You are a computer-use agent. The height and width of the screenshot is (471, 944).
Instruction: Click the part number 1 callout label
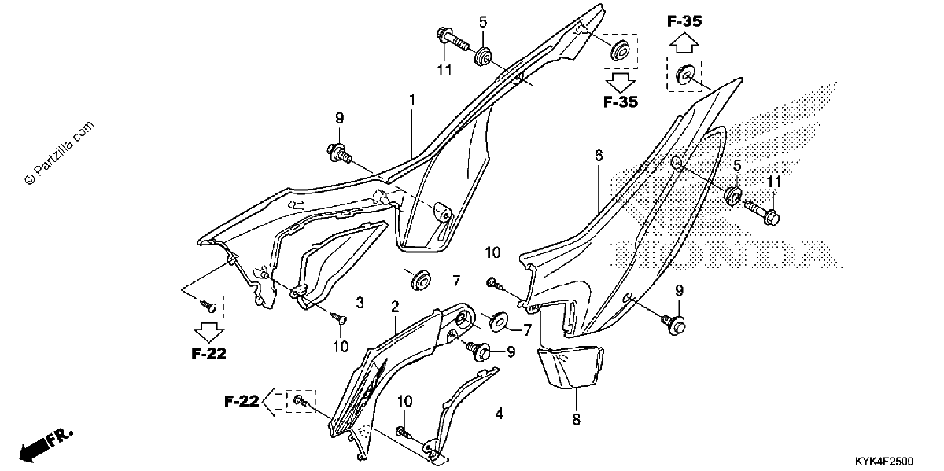click(412, 100)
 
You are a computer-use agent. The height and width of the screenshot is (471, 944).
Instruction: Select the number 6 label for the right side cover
click(599, 156)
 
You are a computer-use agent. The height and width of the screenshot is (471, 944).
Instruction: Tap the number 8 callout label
click(576, 419)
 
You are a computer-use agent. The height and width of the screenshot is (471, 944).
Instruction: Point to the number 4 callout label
click(499, 414)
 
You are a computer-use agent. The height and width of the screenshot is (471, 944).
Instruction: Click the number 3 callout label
click(360, 303)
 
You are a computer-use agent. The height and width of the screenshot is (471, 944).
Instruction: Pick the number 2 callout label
click(395, 307)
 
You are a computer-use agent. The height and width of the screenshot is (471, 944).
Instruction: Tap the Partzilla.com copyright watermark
click(60, 153)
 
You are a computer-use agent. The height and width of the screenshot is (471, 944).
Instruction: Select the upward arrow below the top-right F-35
click(684, 44)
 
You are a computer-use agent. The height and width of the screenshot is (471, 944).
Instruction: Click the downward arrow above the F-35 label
click(621, 83)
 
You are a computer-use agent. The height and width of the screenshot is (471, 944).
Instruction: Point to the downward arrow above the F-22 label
click(208, 333)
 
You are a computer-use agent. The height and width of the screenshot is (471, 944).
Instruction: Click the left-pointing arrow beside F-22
click(272, 402)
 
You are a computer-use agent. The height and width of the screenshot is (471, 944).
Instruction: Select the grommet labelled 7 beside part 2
click(499, 322)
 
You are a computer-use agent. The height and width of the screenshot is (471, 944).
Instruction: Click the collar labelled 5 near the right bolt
click(733, 196)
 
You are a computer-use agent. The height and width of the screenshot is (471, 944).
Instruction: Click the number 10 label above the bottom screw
click(404, 401)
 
